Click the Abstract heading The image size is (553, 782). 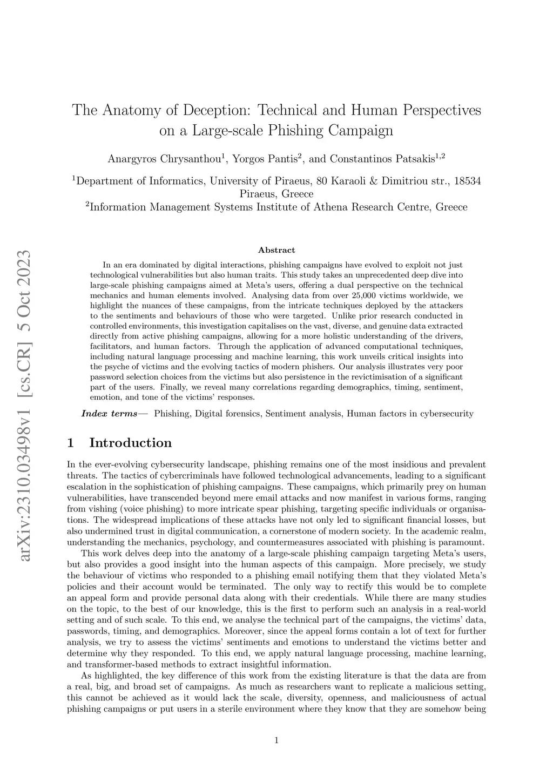(x=276, y=250)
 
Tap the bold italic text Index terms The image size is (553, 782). (x=109, y=414)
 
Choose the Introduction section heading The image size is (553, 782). (x=130, y=443)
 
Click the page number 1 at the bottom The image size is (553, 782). (x=276, y=741)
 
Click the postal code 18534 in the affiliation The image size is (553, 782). (x=468, y=181)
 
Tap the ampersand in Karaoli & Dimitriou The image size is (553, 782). (x=374, y=181)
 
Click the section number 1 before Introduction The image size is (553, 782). (x=70, y=443)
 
